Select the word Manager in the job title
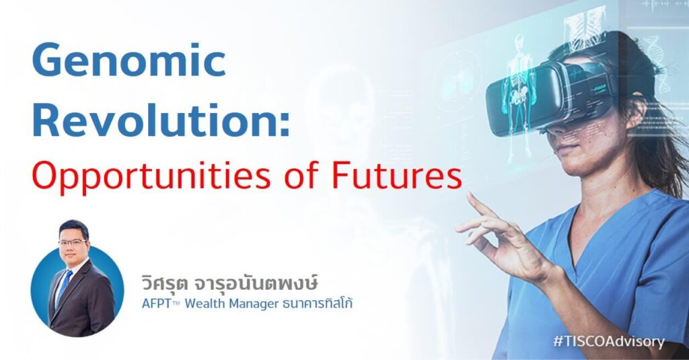[x=252, y=304]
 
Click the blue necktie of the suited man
[x=64, y=286]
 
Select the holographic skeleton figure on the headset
[x=519, y=94]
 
